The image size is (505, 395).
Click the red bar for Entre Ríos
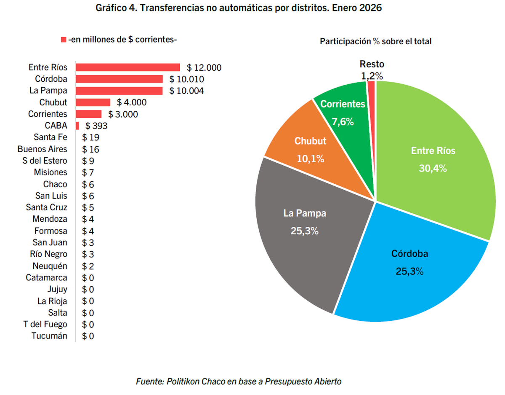point(128,67)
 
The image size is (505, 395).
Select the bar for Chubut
point(93,102)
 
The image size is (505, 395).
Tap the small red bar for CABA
point(77,126)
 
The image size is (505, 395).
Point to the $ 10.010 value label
point(186,79)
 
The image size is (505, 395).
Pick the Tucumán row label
point(49,336)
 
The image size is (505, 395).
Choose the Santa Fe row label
point(50,137)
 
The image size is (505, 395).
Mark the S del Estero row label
point(45,161)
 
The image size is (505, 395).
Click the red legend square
point(64,40)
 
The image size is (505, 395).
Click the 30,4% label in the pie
point(433,168)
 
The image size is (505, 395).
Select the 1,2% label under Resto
point(372,76)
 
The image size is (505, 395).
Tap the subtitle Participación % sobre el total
point(376,41)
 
